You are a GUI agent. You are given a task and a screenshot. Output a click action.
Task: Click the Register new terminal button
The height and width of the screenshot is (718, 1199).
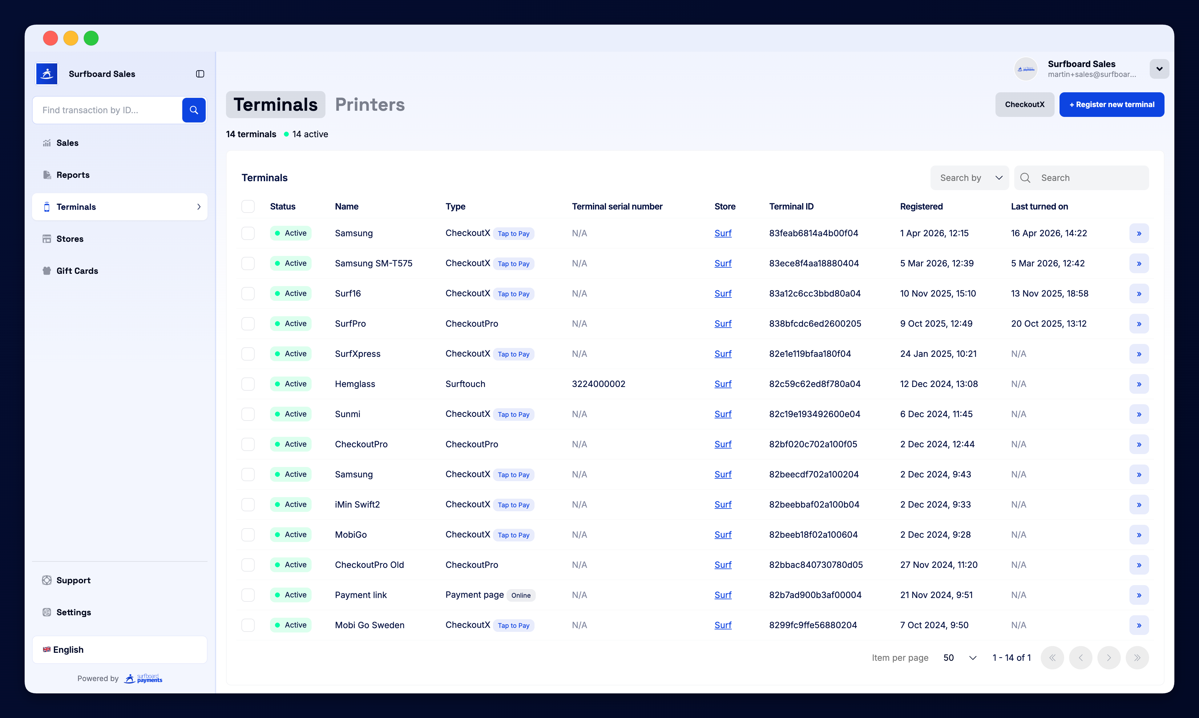point(1111,105)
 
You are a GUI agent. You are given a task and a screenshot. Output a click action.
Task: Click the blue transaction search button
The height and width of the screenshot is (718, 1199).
point(194,110)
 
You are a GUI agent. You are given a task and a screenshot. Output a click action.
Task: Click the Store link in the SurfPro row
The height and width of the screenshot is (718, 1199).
point(722,324)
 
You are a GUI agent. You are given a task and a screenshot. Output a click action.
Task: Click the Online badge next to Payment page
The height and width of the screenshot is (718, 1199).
point(521,596)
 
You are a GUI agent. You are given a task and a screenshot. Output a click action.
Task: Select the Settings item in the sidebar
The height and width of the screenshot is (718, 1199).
point(74,612)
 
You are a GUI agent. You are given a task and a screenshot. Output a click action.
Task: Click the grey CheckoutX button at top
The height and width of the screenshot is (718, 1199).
point(1024,105)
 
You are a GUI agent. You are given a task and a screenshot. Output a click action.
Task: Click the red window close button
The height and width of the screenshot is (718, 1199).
point(50,38)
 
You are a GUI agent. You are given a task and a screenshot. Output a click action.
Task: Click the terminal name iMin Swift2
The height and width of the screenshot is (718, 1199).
point(357,505)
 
